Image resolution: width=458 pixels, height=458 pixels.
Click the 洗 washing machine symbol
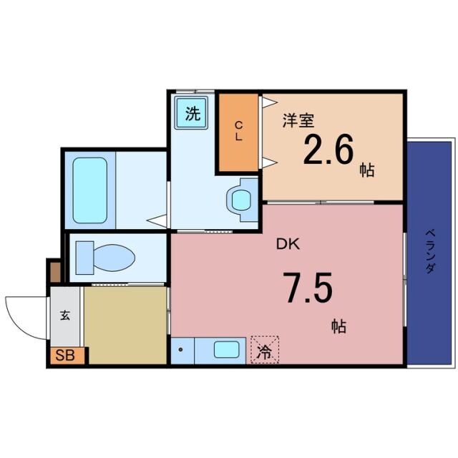click(191, 114)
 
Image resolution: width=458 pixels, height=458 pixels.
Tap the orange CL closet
click(239, 132)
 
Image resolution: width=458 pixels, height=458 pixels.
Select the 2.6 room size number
click(328, 150)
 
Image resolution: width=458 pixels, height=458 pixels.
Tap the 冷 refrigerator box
click(265, 351)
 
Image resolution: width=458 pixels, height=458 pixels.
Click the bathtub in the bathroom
click(89, 190)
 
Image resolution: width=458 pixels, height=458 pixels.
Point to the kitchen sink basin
click(227, 351)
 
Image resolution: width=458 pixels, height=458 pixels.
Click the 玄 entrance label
click(64, 316)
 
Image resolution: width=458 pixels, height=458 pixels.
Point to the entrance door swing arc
click(21, 315)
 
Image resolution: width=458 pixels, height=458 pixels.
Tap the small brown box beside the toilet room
click(55, 271)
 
